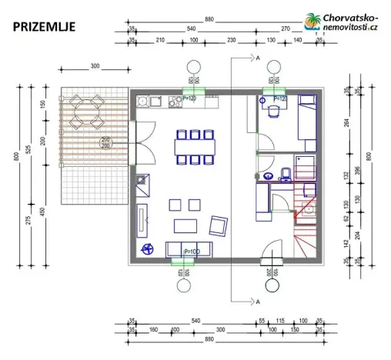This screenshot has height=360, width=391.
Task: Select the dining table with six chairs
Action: point(192,146)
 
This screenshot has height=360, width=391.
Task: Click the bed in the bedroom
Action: point(308,122)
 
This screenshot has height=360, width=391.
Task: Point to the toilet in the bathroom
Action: point(286,173)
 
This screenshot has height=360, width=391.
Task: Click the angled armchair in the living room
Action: point(218,225)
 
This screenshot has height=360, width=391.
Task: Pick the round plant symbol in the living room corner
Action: point(148,248)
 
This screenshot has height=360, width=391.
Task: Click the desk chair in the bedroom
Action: point(274,110)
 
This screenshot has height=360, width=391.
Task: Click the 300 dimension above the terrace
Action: point(95,67)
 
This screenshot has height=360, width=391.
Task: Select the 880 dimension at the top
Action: point(209,19)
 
